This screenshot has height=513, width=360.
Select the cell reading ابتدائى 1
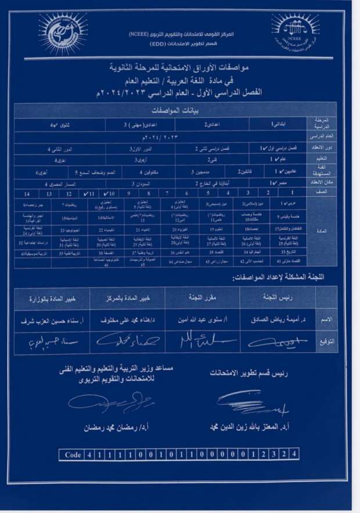271,125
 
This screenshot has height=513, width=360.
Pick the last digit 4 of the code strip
295,455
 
